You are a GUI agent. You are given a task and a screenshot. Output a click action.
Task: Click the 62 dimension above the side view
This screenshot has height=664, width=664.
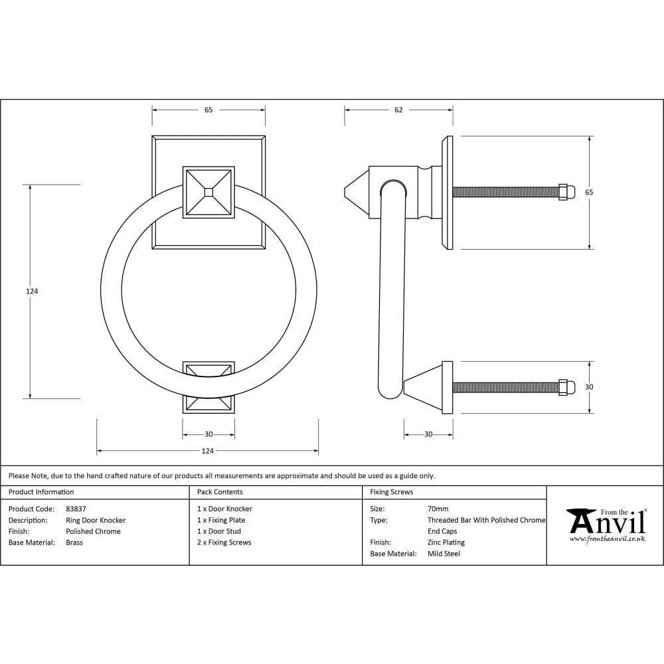[x=398, y=110]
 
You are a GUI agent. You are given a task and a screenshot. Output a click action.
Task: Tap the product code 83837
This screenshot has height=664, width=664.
[x=76, y=509]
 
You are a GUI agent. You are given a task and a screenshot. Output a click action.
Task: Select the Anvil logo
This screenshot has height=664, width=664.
[x=607, y=525]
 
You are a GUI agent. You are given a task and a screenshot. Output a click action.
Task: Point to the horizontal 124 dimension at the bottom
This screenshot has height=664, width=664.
[x=208, y=452]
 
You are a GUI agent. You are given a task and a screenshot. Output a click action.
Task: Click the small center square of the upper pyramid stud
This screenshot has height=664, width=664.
[x=208, y=192]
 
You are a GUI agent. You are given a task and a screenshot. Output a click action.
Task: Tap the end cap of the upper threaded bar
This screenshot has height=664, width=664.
[x=566, y=192]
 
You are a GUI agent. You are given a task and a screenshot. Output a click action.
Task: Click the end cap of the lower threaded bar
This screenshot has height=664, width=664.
[x=566, y=387]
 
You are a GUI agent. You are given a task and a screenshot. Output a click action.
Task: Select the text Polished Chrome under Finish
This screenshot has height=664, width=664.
[x=93, y=531]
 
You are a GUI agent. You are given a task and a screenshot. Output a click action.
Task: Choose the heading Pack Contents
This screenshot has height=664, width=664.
[x=220, y=492]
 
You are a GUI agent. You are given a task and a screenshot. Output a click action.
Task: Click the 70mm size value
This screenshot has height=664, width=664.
[x=438, y=509]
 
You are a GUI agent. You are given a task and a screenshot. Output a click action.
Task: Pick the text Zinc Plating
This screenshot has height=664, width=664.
[x=446, y=542]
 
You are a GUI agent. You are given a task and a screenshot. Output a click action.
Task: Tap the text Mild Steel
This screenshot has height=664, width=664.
[x=444, y=553]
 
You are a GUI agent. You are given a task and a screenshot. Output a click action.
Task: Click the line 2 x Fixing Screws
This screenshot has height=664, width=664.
[x=224, y=542]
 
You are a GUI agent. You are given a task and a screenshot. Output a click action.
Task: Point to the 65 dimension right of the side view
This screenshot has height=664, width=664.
[x=589, y=192]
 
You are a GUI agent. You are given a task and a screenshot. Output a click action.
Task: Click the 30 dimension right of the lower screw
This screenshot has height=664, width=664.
[x=589, y=387]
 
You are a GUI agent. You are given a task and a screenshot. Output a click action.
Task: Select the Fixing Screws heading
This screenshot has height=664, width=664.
[x=392, y=492]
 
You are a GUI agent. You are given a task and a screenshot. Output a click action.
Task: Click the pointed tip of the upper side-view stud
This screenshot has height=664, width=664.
[x=347, y=192]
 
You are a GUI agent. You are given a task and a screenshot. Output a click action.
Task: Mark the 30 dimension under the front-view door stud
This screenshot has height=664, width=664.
[x=208, y=434]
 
